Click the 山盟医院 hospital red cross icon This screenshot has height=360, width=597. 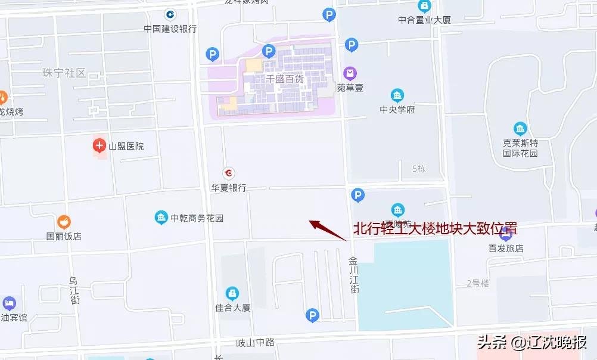click(x=99, y=145)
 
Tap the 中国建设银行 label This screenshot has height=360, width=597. click(x=170, y=28)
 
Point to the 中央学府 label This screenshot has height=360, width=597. click(x=397, y=110)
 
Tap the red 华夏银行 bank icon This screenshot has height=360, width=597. click(x=228, y=173)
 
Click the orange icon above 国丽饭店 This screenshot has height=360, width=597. click(x=64, y=222)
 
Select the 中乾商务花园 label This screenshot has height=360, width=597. click(x=197, y=218)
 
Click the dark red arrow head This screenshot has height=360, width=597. click(x=315, y=225)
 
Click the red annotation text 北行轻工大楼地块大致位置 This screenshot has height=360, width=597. click(x=435, y=229)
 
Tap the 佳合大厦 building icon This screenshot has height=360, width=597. click(x=232, y=293)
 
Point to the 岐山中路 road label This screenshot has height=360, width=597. click(x=255, y=342)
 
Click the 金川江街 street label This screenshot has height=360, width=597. click(x=355, y=275)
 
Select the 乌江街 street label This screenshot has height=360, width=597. click(x=74, y=290)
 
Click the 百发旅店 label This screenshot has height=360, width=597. click(x=505, y=248)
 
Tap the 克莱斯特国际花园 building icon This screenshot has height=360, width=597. click(x=520, y=129)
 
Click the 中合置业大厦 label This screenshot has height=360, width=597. click(x=424, y=20)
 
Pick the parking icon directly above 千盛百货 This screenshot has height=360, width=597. click(x=269, y=51)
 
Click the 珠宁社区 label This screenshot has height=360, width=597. click(x=64, y=73)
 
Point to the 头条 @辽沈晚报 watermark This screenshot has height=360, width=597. click(x=531, y=342)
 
